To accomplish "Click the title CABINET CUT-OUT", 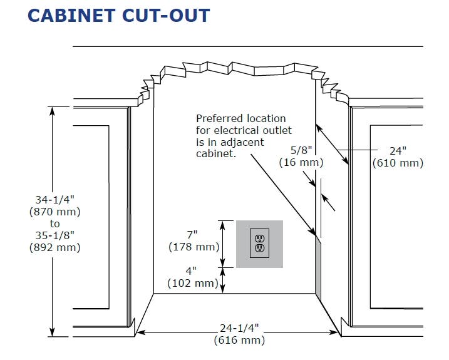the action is click(119, 16).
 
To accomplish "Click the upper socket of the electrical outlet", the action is click(259, 239).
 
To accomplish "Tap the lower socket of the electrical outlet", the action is click(259, 248).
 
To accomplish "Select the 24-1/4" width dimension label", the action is click(239, 328).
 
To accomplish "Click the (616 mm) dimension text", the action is click(239, 340).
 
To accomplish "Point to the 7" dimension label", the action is click(192, 235).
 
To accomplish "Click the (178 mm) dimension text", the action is click(194, 247).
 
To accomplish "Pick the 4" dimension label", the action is click(191, 270).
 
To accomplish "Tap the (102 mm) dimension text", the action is click(193, 283).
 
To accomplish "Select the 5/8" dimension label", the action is click(301, 150).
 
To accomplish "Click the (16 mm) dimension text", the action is click(301, 162).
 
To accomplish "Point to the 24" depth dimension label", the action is click(398, 151).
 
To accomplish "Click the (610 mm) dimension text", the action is click(398, 163).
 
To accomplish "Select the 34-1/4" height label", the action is click(55, 200).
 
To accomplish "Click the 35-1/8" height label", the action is click(55, 235).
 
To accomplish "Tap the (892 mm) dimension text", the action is click(55, 247).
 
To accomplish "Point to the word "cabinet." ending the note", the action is click(216, 153).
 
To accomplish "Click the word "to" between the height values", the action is click(55, 224).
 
